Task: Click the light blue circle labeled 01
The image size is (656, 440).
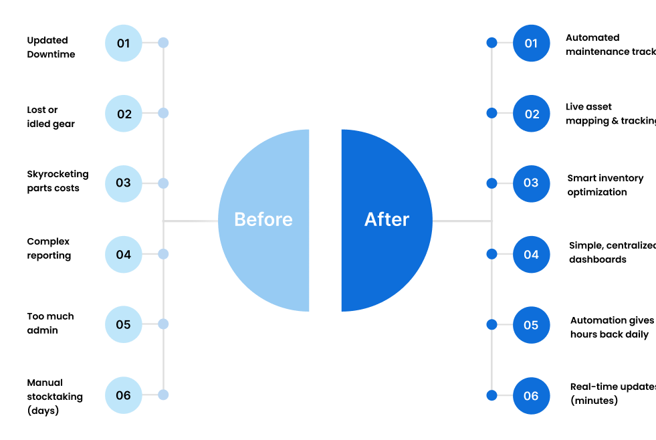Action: coord(124,43)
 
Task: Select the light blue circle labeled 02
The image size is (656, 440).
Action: coord(124,114)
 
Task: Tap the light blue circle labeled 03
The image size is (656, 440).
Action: coord(124,183)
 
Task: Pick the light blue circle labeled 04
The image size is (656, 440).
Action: coord(124,254)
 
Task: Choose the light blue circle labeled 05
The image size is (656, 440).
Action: coord(124,325)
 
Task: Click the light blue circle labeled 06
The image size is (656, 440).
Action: coord(124,395)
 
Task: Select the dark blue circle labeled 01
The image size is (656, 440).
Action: coord(532,43)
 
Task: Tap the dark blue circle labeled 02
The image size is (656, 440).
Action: coord(532,114)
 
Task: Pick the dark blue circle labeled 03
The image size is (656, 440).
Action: coord(532,183)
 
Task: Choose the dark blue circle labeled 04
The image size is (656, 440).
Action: coord(532,254)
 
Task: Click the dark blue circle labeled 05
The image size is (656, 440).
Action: coord(532,325)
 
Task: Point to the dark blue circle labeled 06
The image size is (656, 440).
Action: coord(532,395)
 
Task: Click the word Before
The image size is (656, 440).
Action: coord(263,219)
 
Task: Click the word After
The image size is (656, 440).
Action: coord(387,219)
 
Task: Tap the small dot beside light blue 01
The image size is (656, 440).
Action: coord(163,43)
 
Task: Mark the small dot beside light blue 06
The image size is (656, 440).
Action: coord(163,395)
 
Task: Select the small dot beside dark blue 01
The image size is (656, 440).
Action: coord(491,43)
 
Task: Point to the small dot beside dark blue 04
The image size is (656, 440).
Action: coord(491,254)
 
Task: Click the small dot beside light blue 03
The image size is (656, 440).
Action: coord(163,183)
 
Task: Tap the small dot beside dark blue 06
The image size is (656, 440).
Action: coord(491,395)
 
